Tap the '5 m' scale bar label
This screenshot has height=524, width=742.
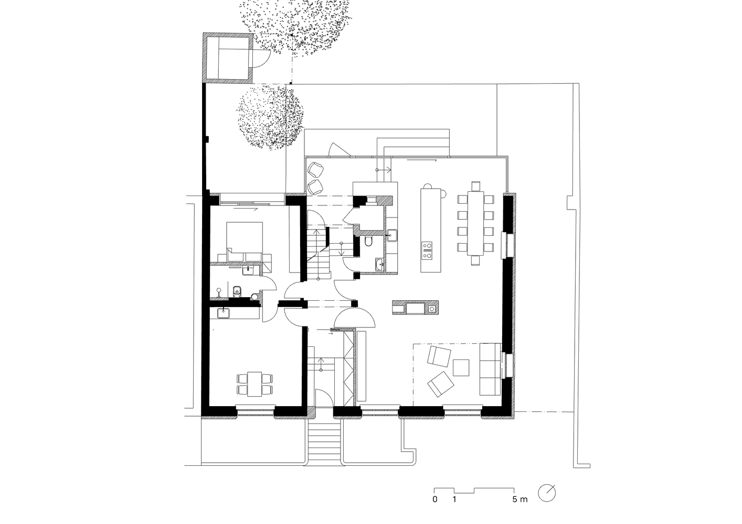520,509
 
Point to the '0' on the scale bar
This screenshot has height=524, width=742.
435,509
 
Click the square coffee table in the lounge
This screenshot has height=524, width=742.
461,367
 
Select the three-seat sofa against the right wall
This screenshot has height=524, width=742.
490,369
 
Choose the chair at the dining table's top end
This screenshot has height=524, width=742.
475,186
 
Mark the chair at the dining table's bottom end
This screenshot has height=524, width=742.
475,260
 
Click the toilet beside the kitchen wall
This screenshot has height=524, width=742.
368,242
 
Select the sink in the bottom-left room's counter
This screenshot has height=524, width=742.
224,313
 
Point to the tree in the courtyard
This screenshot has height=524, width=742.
270,117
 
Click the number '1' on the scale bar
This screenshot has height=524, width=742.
454,509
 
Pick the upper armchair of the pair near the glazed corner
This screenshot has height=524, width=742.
315,170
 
